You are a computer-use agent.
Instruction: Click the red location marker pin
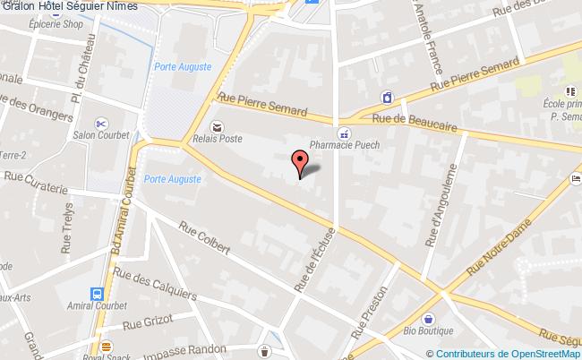tap(300, 163)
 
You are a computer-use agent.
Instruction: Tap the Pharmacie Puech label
tap(345, 144)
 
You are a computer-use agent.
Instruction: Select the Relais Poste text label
tap(218, 139)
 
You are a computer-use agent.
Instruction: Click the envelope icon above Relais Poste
tap(216, 126)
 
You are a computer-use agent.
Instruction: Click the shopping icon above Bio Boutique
tap(429, 318)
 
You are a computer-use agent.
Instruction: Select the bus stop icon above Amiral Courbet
tap(96, 294)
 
